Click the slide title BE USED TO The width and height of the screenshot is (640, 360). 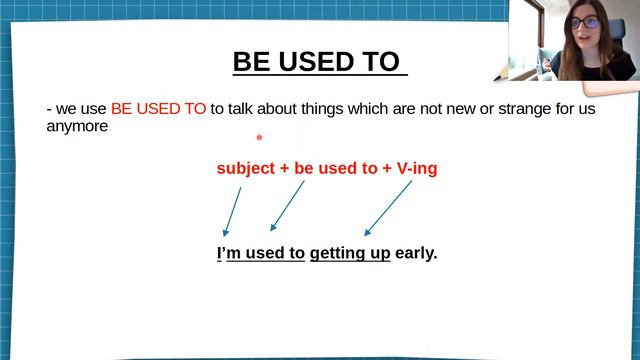tap(320, 62)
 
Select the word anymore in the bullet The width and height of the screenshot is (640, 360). tap(77, 127)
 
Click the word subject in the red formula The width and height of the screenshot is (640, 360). tap(245, 169)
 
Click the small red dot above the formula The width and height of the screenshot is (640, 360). tap(259, 138)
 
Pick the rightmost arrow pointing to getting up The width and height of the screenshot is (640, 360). tap(388, 207)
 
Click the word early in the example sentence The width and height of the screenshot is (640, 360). tap(416, 253)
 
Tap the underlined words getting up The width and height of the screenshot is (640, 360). tap(350, 254)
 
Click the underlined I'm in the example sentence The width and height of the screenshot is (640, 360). tap(228, 253)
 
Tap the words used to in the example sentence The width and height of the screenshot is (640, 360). tap(277, 253)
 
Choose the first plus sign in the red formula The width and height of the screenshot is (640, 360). tap(284, 169)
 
